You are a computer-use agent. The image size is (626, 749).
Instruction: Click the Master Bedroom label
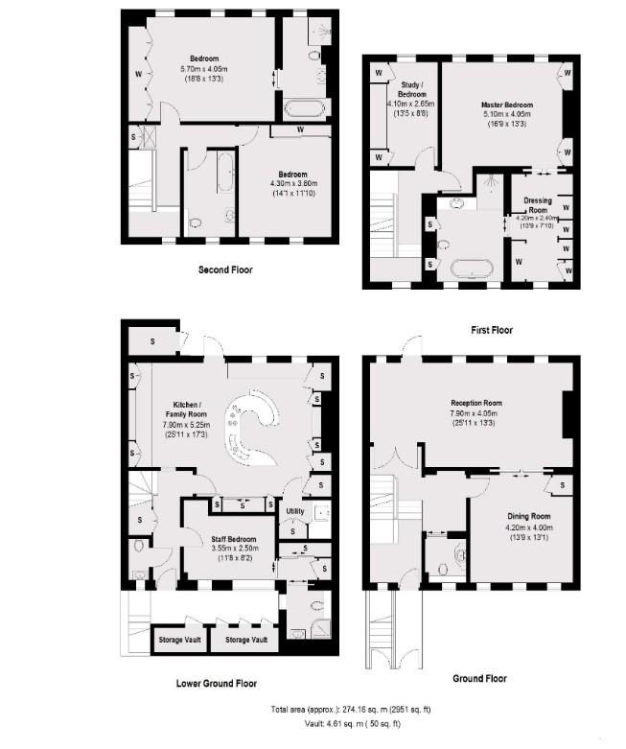point(506,105)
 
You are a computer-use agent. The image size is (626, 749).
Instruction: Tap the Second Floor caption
point(225,269)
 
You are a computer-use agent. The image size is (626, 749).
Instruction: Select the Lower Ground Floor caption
point(217,684)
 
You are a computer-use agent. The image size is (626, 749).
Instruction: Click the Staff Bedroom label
point(234,539)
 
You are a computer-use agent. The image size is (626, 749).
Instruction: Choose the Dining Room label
point(528,516)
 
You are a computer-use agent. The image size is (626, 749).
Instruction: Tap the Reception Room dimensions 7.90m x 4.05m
point(476,413)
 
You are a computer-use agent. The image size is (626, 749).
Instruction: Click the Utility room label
point(295,511)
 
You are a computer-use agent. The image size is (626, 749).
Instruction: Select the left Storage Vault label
point(180,640)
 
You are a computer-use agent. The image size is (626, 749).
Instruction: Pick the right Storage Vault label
point(246,640)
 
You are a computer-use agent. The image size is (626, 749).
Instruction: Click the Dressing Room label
point(538,205)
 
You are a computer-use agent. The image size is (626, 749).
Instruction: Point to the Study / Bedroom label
point(411,89)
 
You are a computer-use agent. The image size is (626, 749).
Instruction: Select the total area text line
point(351,710)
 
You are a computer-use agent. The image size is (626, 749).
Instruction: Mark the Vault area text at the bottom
point(353,724)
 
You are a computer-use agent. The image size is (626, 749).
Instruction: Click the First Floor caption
point(492,330)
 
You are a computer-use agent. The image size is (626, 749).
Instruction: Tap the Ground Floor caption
point(480,679)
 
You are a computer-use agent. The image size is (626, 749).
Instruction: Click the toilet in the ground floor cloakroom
point(442,569)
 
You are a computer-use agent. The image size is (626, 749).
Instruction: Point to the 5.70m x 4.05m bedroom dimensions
point(204,69)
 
